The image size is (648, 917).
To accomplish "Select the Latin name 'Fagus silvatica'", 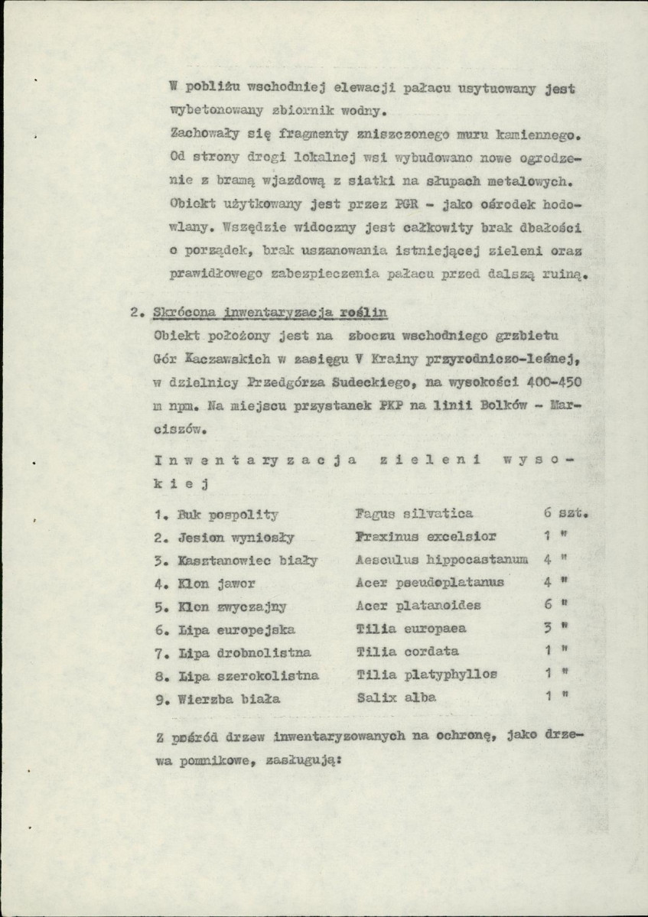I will click(x=414, y=514).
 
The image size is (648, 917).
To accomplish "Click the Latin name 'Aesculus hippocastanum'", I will click(x=442, y=560).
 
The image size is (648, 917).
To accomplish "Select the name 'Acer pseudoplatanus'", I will click(x=430, y=583).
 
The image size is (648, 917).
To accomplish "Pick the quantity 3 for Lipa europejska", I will click(x=547, y=629).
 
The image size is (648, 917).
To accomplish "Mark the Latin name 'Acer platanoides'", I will click(x=418, y=606).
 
